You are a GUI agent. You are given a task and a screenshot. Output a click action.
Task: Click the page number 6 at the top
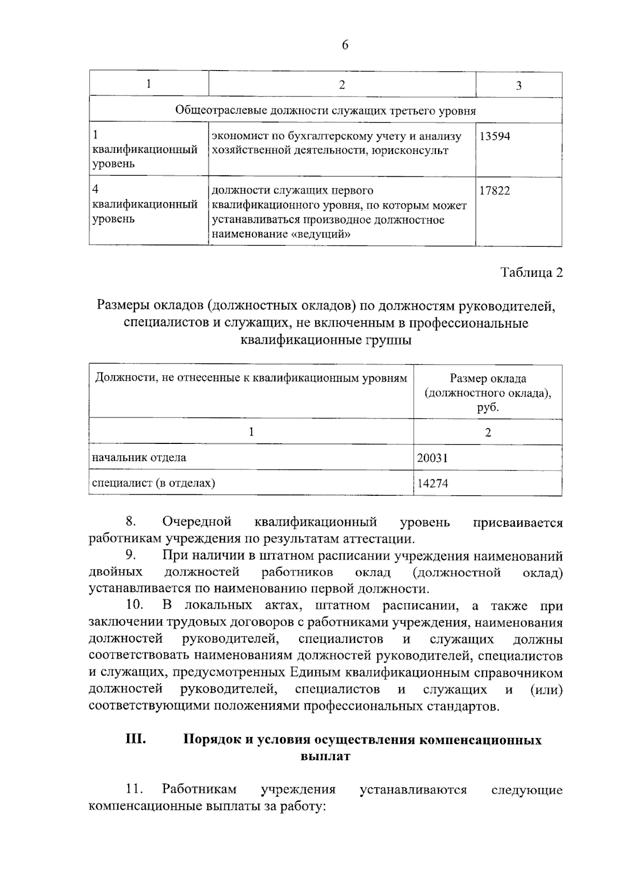[x=345, y=46]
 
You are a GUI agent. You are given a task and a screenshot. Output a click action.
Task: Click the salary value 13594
[x=494, y=136]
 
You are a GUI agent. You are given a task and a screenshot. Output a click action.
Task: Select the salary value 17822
[x=494, y=191]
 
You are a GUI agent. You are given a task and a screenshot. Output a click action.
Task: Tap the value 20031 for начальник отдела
[x=432, y=458]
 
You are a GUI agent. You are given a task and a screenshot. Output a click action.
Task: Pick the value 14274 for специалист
[x=432, y=483]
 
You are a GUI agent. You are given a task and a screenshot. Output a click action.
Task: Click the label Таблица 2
[x=531, y=273]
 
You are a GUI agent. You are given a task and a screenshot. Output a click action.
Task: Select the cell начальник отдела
[x=139, y=457]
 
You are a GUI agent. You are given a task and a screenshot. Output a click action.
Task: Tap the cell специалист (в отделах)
[x=153, y=483]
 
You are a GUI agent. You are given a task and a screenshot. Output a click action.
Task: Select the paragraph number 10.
[x=134, y=605]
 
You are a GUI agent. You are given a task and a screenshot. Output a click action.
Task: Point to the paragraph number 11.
[x=134, y=789]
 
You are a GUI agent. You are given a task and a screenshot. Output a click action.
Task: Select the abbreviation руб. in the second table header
[x=488, y=408]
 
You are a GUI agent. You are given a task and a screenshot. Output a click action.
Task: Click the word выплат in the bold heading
[x=325, y=757]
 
